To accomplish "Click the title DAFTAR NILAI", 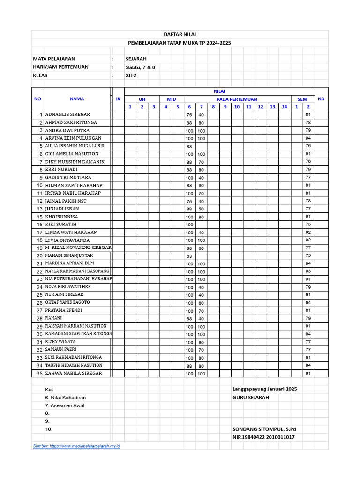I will pyautogui.click(x=180, y=35).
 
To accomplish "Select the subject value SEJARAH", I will pyautogui.click(x=136, y=59).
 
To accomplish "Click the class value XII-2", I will pyautogui.click(x=131, y=75).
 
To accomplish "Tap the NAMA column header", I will pyautogui.click(x=77, y=99).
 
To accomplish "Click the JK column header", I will pyautogui.click(x=118, y=99).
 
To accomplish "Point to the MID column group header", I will pyautogui.click(x=172, y=99).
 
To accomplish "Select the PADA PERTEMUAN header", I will pyautogui.click(x=237, y=99).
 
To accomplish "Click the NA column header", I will pyautogui.click(x=321, y=99).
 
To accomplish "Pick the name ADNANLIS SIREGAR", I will pyautogui.click(x=67, y=115).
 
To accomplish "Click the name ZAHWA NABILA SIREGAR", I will pyautogui.click(x=73, y=374).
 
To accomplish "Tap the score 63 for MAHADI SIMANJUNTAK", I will pyautogui.click(x=189, y=256).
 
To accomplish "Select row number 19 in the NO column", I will pyautogui.click(x=39, y=248).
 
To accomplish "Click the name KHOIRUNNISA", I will pyautogui.click(x=61, y=217).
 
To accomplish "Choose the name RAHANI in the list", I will pyautogui.click(x=53, y=318).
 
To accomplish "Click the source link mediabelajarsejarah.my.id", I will pyautogui.click(x=76, y=446).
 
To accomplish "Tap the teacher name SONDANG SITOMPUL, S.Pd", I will pyautogui.click(x=264, y=429).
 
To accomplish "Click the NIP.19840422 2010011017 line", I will pyautogui.click(x=263, y=437).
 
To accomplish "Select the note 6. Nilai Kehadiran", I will pyautogui.click(x=65, y=397).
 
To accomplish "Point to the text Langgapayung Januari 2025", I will pyautogui.click(x=264, y=389).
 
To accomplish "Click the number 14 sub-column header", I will pyautogui.click(x=284, y=107).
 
